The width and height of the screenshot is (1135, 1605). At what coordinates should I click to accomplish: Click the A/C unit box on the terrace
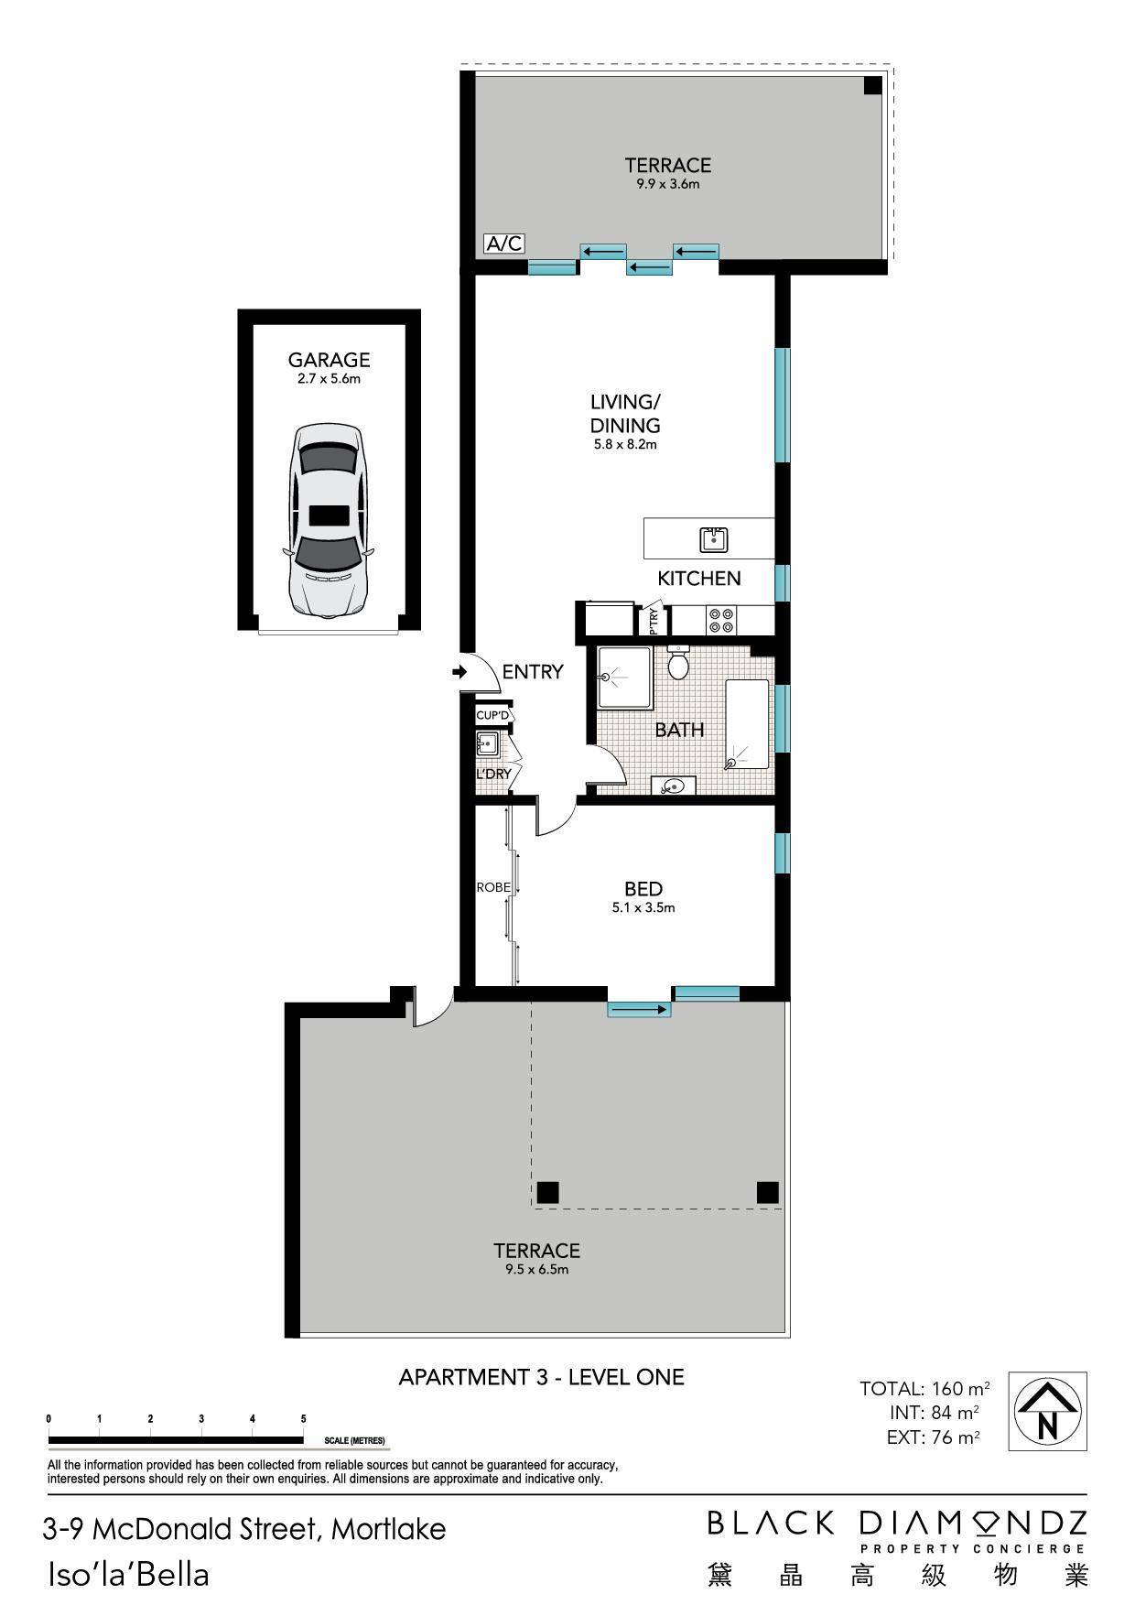tap(504, 244)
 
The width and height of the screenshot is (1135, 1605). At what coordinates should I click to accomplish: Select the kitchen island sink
tap(713, 540)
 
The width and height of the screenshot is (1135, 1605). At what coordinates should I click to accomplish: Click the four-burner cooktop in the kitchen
tap(720, 621)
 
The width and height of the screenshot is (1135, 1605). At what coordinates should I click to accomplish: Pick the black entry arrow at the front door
tap(459, 673)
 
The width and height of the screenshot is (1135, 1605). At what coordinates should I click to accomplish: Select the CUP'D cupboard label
tap(492, 715)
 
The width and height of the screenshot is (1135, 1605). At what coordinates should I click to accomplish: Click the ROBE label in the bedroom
tap(492, 887)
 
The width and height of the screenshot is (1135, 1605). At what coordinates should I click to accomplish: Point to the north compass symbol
tap(1047, 1411)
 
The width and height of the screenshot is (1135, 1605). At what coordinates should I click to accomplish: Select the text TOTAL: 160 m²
tap(924, 1388)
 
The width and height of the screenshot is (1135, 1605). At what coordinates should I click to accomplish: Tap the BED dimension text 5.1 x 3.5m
tap(643, 908)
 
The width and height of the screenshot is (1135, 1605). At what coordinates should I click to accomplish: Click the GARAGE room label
tap(329, 361)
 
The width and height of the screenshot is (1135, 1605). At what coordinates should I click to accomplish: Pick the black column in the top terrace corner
tap(872, 85)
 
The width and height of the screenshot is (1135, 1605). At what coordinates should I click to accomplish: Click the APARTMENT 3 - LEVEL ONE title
tap(542, 1377)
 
